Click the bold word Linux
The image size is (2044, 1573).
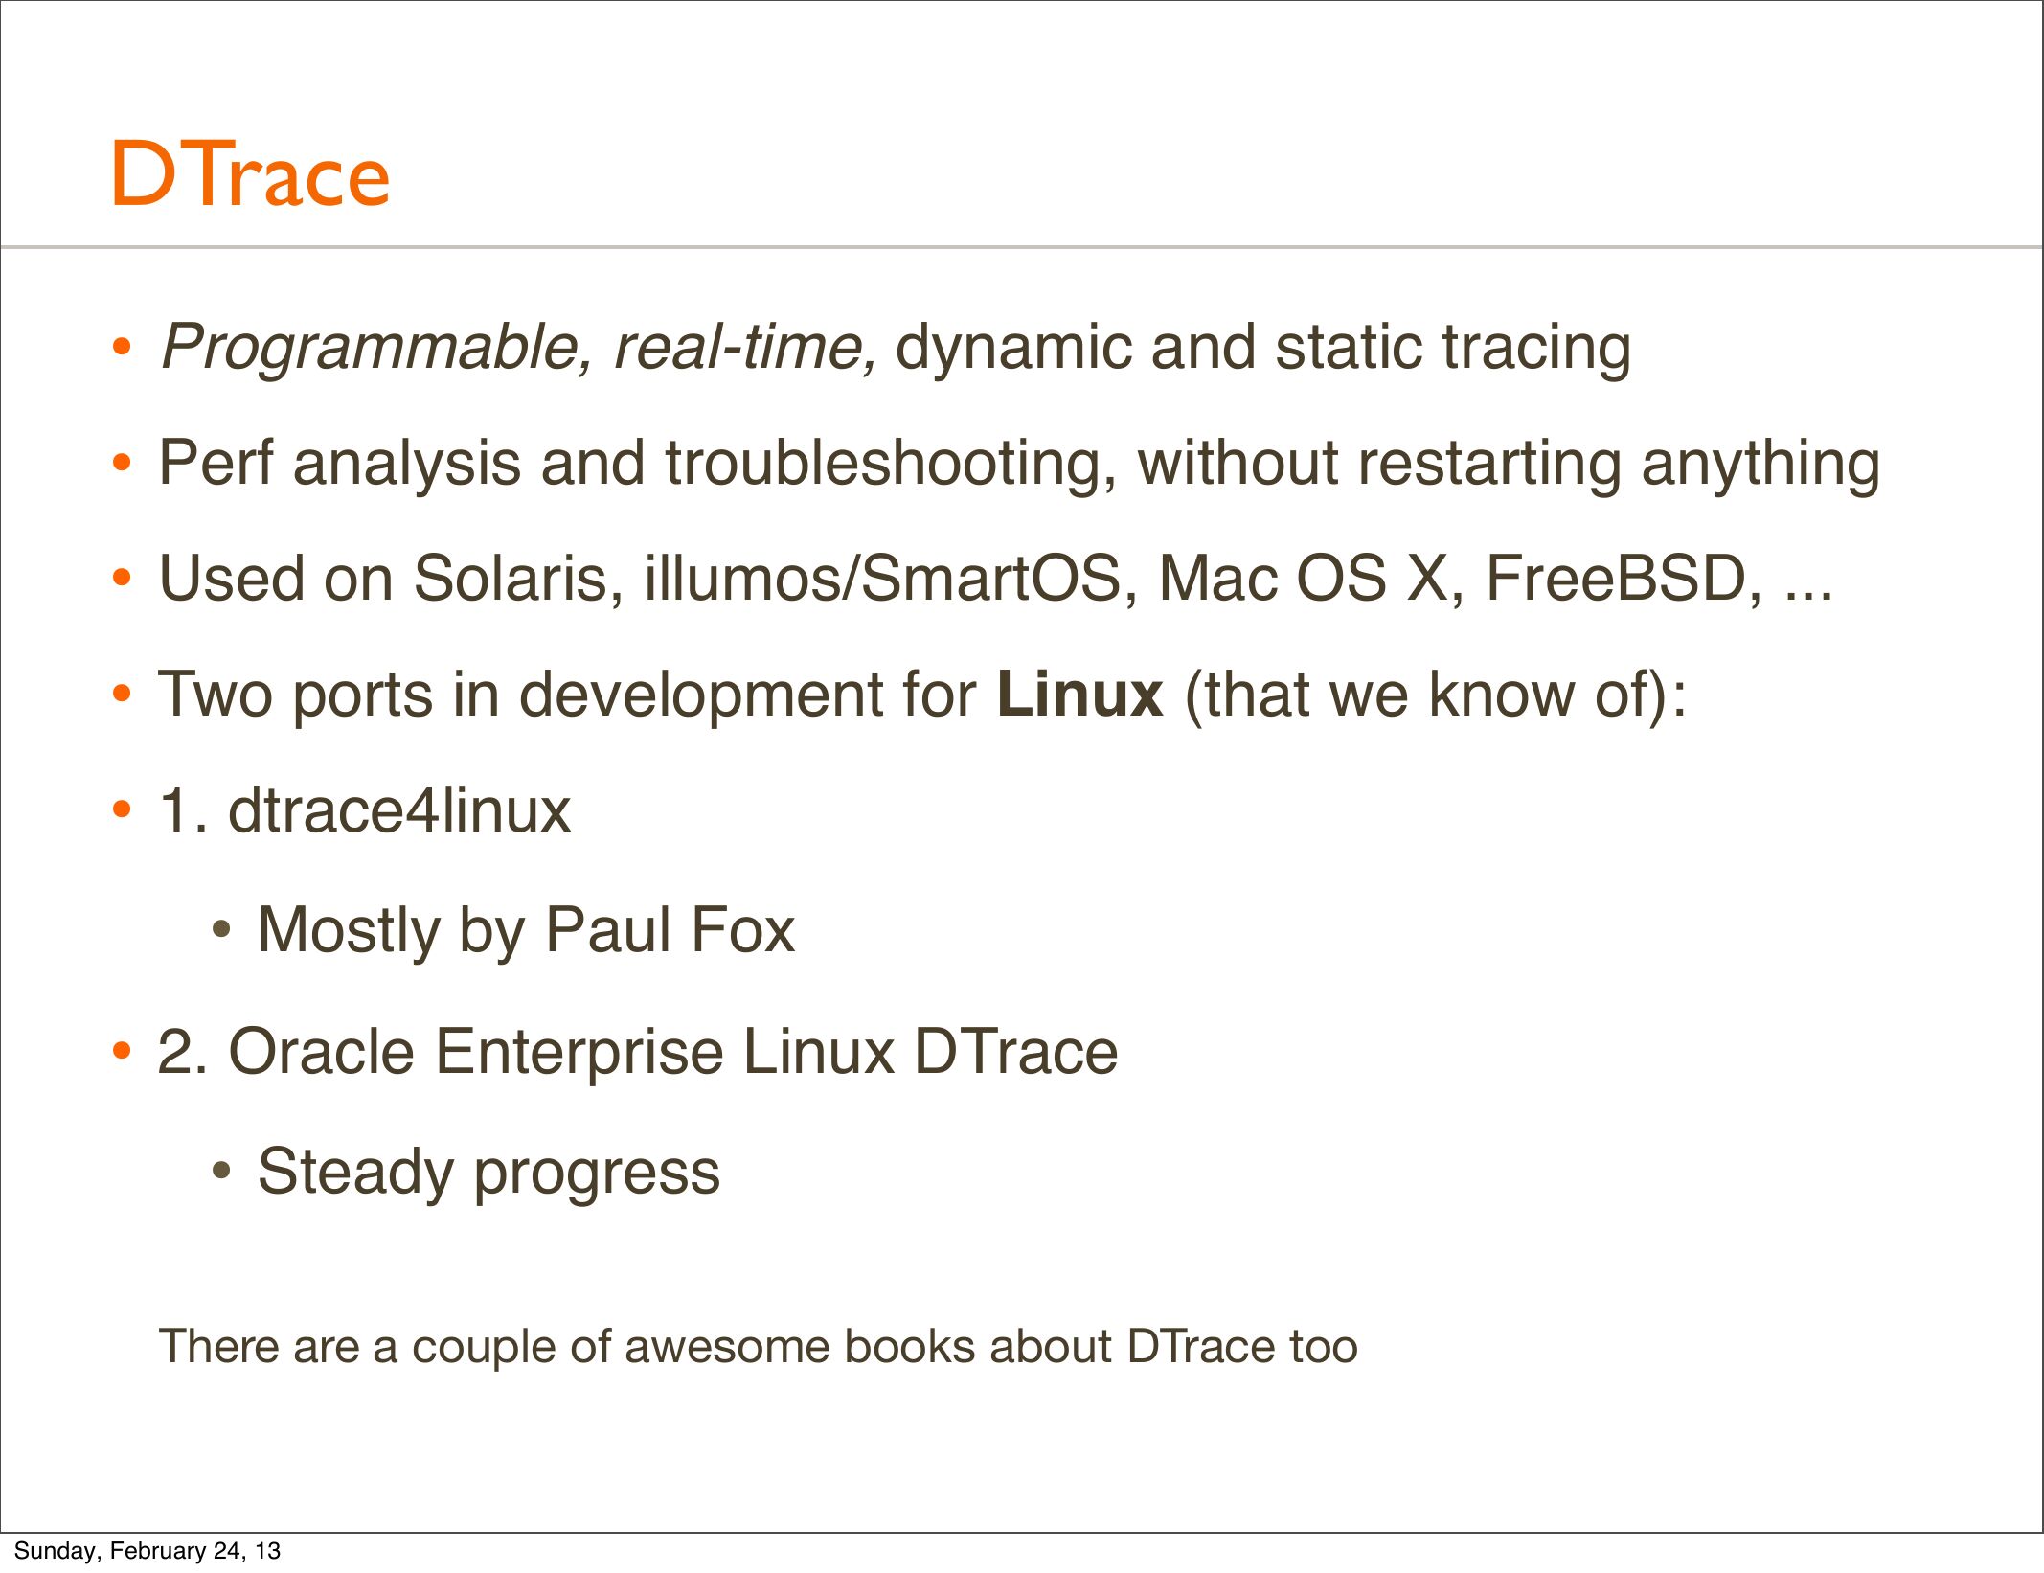pos(1079,695)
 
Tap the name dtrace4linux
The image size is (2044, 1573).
pos(399,811)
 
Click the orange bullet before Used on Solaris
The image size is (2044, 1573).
pos(121,579)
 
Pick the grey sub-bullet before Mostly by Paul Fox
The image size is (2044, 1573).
pos(221,929)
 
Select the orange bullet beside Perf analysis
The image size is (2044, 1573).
pos(121,464)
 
